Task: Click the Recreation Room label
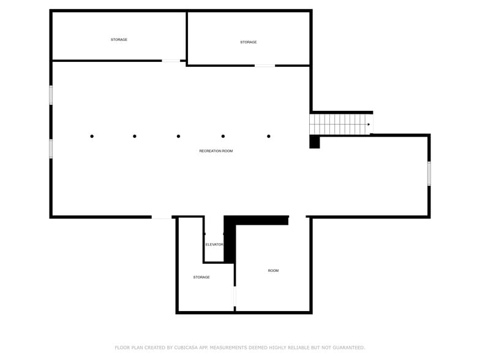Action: (216, 151)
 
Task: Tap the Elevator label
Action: (214, 244)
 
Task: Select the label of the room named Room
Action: (273, 271)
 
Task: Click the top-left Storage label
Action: (119, 40)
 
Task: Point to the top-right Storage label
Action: (248, 42)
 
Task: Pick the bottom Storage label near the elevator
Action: (201, 277)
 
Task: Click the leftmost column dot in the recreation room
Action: (92, 136)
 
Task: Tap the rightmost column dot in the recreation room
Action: (269, 136)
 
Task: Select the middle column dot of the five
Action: (178, 136)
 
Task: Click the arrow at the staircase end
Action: (368, 125)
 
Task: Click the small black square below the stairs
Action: (315, 141)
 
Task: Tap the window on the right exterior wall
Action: (429, 173)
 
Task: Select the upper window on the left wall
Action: (51, 95)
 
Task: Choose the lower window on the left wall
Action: (51, 149)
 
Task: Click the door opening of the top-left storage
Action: (171, 61)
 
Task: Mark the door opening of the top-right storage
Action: (264, 66)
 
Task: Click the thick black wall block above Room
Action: (257, 220)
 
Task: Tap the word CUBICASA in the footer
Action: (186, 347)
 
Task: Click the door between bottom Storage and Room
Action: (234, 296)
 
